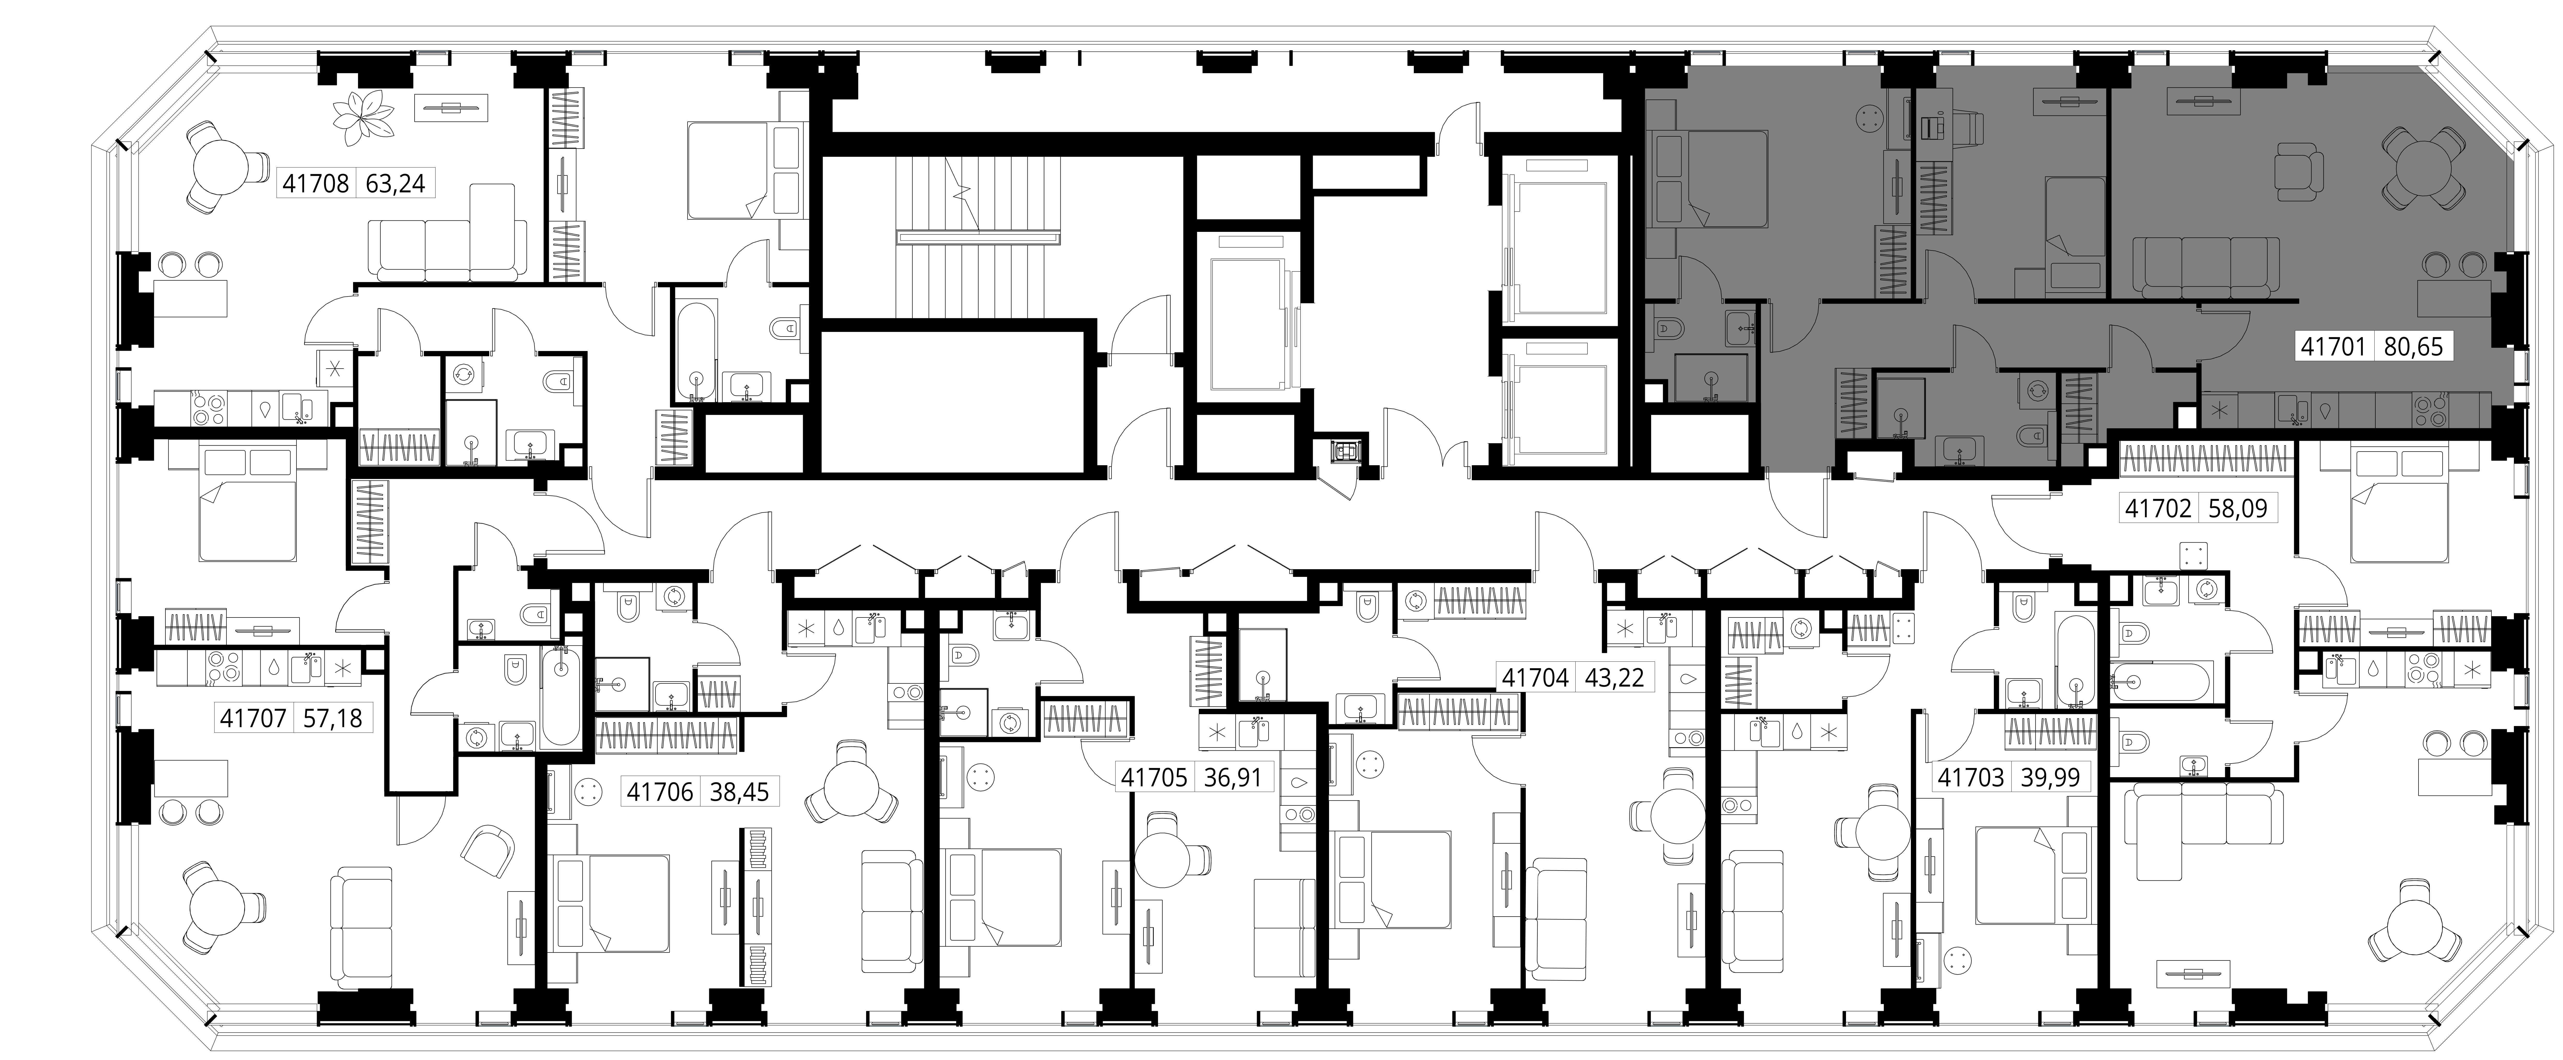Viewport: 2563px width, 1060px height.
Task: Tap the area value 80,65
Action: pos(2413,347)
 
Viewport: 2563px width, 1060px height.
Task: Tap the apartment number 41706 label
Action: pos(660,792)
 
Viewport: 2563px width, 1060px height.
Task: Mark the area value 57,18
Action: pos(332,718)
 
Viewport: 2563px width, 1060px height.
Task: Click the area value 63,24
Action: pos(397,184)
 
